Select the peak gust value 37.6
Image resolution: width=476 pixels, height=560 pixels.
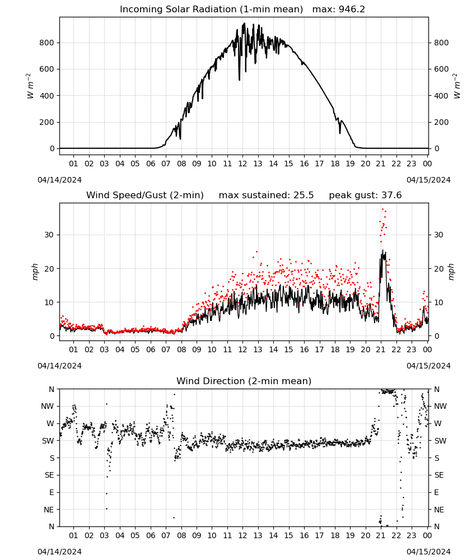(x=391, y=195)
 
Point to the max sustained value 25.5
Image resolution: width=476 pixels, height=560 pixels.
(x=304, y=195)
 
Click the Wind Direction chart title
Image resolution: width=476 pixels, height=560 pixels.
(x=244, y=381)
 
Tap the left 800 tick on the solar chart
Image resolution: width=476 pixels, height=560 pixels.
(x=47, y=43)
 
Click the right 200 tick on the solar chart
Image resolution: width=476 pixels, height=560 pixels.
(x=441, y=122)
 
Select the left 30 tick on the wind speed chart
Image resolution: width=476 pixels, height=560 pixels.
(x=49, y=235)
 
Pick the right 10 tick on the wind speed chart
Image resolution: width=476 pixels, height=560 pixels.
(x=438, y=302)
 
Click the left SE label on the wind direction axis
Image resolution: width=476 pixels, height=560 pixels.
(x=49, y=475)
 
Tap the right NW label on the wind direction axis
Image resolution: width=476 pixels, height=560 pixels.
(x=440, y=406)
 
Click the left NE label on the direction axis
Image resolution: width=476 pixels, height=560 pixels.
(x=49, y=510)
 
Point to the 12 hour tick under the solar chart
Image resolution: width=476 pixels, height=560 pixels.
(x=242, y=164)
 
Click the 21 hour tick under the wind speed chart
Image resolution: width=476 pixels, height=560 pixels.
(x=381, y=349)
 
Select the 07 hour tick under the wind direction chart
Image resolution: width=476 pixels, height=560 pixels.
(x=166, y=536)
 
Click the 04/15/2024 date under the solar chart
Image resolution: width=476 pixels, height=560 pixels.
(x=428, y=180)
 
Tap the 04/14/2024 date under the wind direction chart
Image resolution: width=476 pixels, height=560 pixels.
(x=59, y=552)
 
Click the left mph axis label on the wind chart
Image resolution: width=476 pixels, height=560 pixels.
(x=35, y=272)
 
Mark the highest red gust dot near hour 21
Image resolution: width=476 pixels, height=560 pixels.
(x=383, y=209)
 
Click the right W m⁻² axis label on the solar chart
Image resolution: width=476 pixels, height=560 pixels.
(x=457, y=86)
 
